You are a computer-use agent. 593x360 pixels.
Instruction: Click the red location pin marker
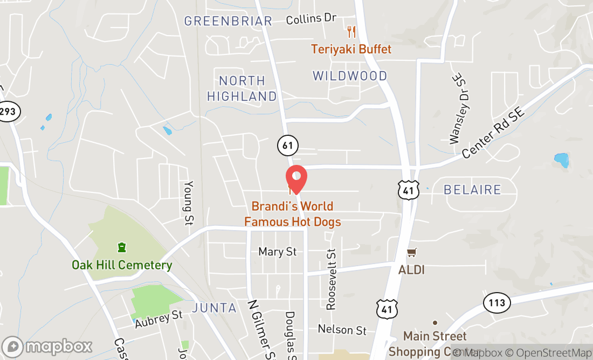point(295,179)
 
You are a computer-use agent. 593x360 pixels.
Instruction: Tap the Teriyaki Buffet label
point(351,49)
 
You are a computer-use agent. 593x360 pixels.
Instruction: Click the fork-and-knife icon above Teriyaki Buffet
point(351,31)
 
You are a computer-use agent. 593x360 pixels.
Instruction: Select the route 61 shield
point(288,144)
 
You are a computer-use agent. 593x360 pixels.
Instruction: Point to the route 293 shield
point(9,112)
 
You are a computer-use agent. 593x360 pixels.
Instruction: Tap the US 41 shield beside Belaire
point(409,190)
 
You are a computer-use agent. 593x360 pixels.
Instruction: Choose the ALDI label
point(411,269)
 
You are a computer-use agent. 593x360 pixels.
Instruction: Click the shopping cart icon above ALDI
point(412,252)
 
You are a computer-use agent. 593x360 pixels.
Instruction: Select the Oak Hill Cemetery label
point(122,265)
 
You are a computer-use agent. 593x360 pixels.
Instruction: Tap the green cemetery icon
point(122,247)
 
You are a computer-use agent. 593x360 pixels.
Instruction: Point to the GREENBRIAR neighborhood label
point(228,21)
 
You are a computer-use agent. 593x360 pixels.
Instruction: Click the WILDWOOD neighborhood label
point(350,76)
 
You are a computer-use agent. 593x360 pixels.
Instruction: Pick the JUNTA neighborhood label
point(214,308)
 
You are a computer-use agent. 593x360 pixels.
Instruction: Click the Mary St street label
point(278,252)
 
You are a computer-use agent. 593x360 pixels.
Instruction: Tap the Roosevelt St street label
point(331,279)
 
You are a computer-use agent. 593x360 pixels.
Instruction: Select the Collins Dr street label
point(311,19)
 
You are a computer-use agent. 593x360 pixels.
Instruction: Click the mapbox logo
point(47,346)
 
